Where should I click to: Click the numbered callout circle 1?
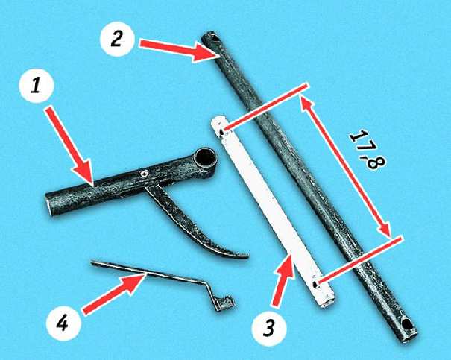pyautogui.click(x=37, y=86)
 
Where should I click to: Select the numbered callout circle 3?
pyautogui.click(x=269, y=329)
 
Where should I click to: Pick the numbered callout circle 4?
pyautogui.click(x=63, y=323)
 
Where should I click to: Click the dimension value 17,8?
pyautogui.click(x=368, y=150)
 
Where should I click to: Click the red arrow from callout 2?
pyautogui.click(x=177, y=48)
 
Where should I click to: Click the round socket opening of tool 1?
pyautogui.click(x=205, y=158)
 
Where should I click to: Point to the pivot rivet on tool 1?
pyautogui.click(x=144, y=174)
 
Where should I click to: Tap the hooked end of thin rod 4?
pyautogui.click(x=225, y=304)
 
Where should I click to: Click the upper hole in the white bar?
pyautogui.click(x=221, y=133)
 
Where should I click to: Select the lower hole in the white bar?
pyautogui.click(x=315, y=285)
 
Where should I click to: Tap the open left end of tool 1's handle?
pyautogui.click(x=49, y=205)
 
